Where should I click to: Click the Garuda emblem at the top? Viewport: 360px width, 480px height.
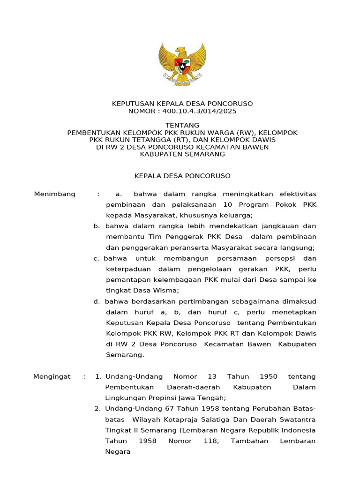pos(182,64)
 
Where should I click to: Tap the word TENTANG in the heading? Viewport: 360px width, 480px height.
pos(182,125)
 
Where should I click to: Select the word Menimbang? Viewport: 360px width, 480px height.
pos(55,194)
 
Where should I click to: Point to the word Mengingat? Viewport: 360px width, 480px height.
pos(52,376)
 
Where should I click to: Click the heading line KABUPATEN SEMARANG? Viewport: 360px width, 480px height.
pos(182,154)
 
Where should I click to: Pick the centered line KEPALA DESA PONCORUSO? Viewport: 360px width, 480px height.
pos(182,176)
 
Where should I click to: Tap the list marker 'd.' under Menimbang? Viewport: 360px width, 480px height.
pos(97,301)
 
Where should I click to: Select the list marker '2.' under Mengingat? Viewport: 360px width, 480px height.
pos(97,409)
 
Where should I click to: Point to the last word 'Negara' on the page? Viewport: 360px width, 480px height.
pos(117,452)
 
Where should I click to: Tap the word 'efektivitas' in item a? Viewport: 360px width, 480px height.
pos(292,194)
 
